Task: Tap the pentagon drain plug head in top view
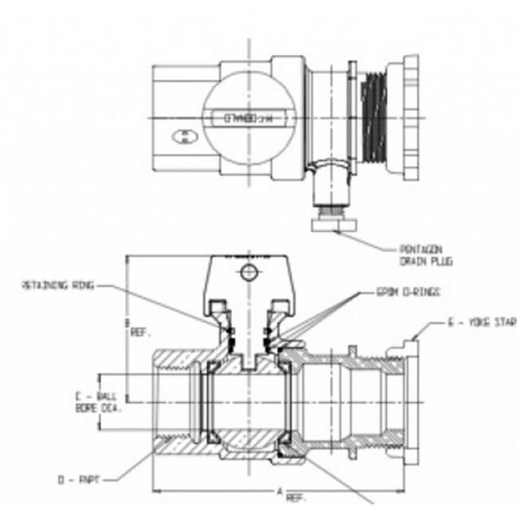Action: [335, 225]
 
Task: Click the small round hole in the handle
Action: [249, 271]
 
